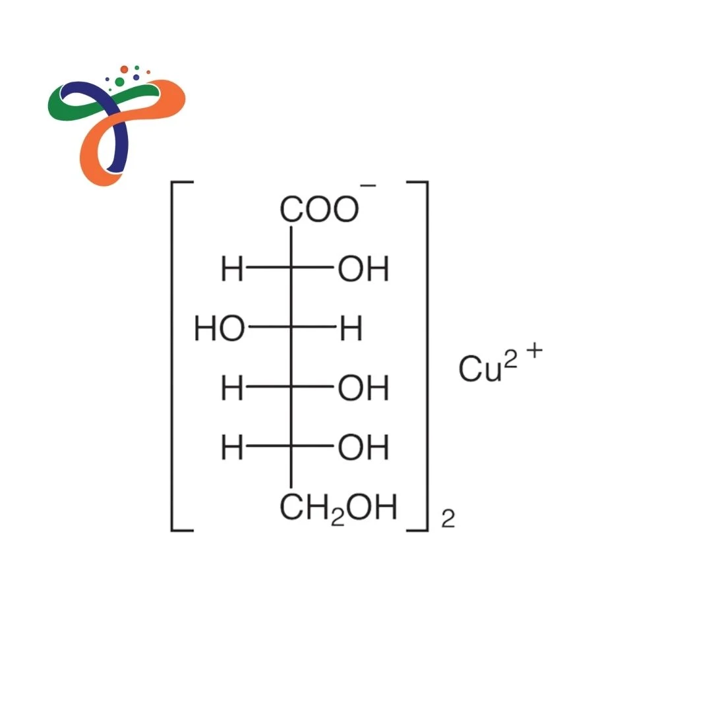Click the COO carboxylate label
point(319,210)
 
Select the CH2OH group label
point(338,508)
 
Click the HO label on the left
point(220,328)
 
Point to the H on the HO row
point(351,328)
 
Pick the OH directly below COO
point(363,270)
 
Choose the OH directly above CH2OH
point(363,448)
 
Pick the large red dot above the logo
point(124,69)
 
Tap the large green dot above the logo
point(119,81)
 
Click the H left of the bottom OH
point(232,448)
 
